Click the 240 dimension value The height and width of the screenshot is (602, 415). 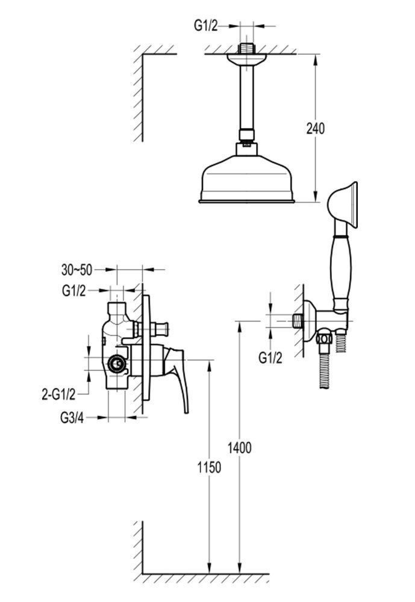click(315, 128)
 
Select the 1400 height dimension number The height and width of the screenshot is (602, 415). click(239, 447)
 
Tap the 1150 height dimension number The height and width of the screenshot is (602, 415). click(208, 467)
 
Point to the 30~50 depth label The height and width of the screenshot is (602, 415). click(76, 269)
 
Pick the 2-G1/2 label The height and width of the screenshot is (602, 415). click(58, 394)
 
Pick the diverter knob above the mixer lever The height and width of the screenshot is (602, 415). click(162, 329)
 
